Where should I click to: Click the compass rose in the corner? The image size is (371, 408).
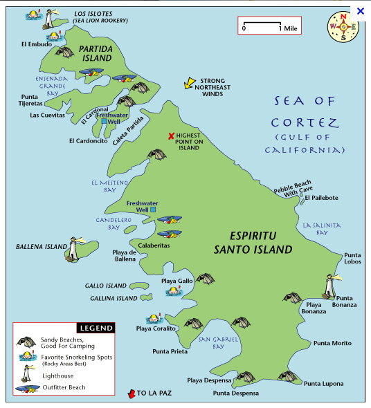pyautogui.click(x=343, y=27)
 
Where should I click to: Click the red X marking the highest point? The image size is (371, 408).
pyautogui.click(x=171, y=136)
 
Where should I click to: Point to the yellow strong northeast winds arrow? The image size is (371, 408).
pyautogui.click(x=188, y=84)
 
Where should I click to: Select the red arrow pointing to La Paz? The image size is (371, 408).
pyautogui.click(x=129, y=393)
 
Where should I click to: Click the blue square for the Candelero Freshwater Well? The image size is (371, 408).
pyautogui.click(x=154, y=210)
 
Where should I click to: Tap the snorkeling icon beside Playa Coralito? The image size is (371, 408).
pyautogui.click(x=153, y=319)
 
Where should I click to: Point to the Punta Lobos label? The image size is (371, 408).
pyautogui.click(x=352, y=258)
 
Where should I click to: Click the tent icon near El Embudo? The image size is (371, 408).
pyautogui.click(x=64, y=52)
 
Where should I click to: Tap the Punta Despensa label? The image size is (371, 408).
pyautogui.click(x=236, y=393)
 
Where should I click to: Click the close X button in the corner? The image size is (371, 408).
pyautogui.click(x=360, y=11)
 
